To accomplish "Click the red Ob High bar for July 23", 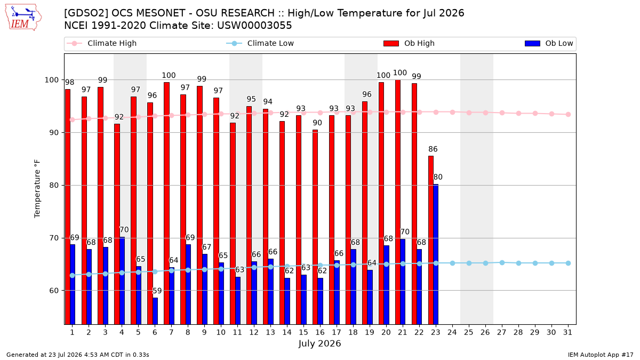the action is (430, 240).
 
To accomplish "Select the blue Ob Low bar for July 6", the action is (155, 311).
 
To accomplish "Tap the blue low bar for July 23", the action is (436, 254).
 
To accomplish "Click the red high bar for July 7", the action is (166, 203).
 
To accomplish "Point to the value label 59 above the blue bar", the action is (157, 291).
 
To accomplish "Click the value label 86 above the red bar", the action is (433, 149).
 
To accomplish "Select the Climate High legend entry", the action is (101, 43).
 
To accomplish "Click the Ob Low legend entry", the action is (549, 43).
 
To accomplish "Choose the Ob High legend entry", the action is (409, 43).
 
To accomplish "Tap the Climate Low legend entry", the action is (260, 43).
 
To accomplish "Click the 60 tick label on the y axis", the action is (54, 291).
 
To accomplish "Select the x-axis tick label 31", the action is (567, 332).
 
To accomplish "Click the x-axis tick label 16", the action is (320, 332).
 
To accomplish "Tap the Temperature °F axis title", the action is (37, 189).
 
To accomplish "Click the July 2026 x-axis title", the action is (319, 343).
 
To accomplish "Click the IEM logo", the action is (23, 18).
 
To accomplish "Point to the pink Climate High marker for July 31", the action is (568, 114).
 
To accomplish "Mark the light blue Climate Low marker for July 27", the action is (502, 262).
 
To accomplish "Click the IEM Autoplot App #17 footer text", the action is (601, 355).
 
